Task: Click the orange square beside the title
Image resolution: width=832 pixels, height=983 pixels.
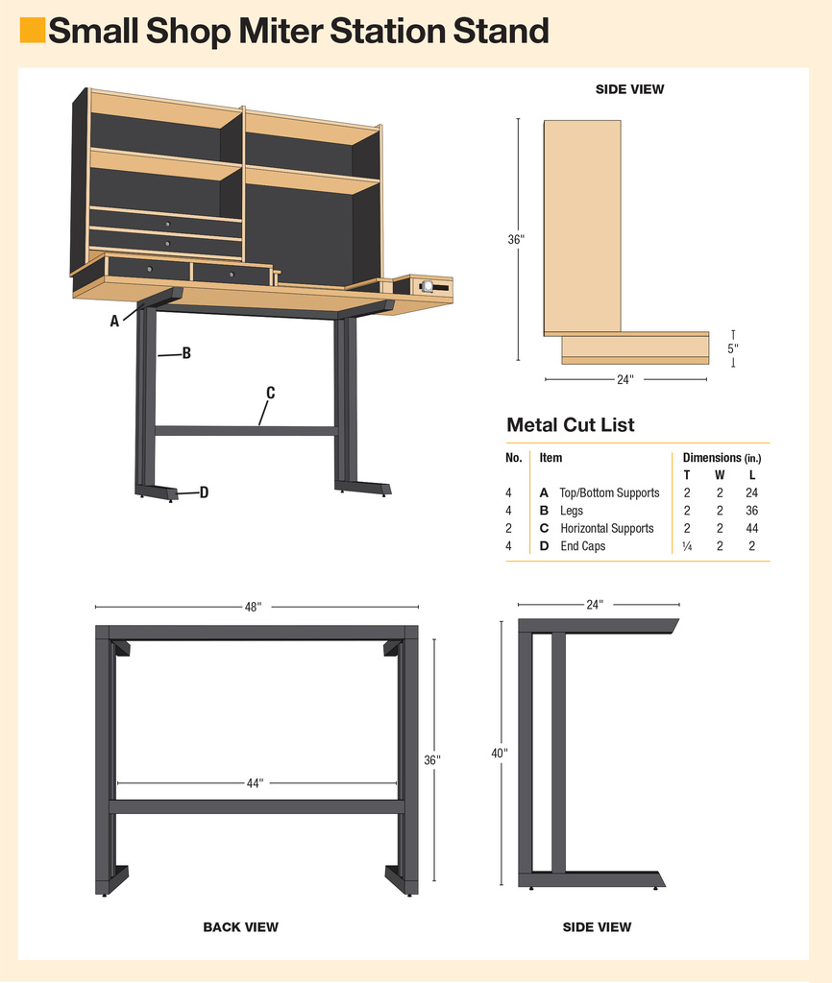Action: (33, 30)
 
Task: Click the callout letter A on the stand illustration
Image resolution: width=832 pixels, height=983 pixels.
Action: (114, 321)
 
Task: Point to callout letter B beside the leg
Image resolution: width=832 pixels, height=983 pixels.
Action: (186, 353)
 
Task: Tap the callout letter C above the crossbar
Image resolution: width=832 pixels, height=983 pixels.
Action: (270, 393)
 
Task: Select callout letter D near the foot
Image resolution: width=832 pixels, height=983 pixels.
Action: (204, 492)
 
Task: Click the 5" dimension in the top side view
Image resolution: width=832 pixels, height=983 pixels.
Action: (733, 348)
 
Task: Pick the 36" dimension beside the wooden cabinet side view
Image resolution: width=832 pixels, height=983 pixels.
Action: (516, 239)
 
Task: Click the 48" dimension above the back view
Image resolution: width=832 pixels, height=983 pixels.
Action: (253, 607)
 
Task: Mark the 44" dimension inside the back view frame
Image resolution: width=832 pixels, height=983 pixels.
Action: (255, 783)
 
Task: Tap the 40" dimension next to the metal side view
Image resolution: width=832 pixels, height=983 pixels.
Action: (500, 753)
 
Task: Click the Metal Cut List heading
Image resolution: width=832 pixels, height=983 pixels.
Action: (571, 424)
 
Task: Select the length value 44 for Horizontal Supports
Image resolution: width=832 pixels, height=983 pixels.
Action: (751, 529)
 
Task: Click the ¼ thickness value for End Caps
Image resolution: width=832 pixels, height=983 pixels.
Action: (687, 546)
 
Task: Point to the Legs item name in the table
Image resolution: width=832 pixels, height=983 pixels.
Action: (572, 511)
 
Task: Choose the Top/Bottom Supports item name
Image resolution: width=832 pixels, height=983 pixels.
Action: (609, 492)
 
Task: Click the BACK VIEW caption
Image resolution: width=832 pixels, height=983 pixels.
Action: (240, 926)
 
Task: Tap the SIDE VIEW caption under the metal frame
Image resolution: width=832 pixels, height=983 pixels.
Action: (597, 926)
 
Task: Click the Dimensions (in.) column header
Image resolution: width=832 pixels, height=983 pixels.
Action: (722, 458)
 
